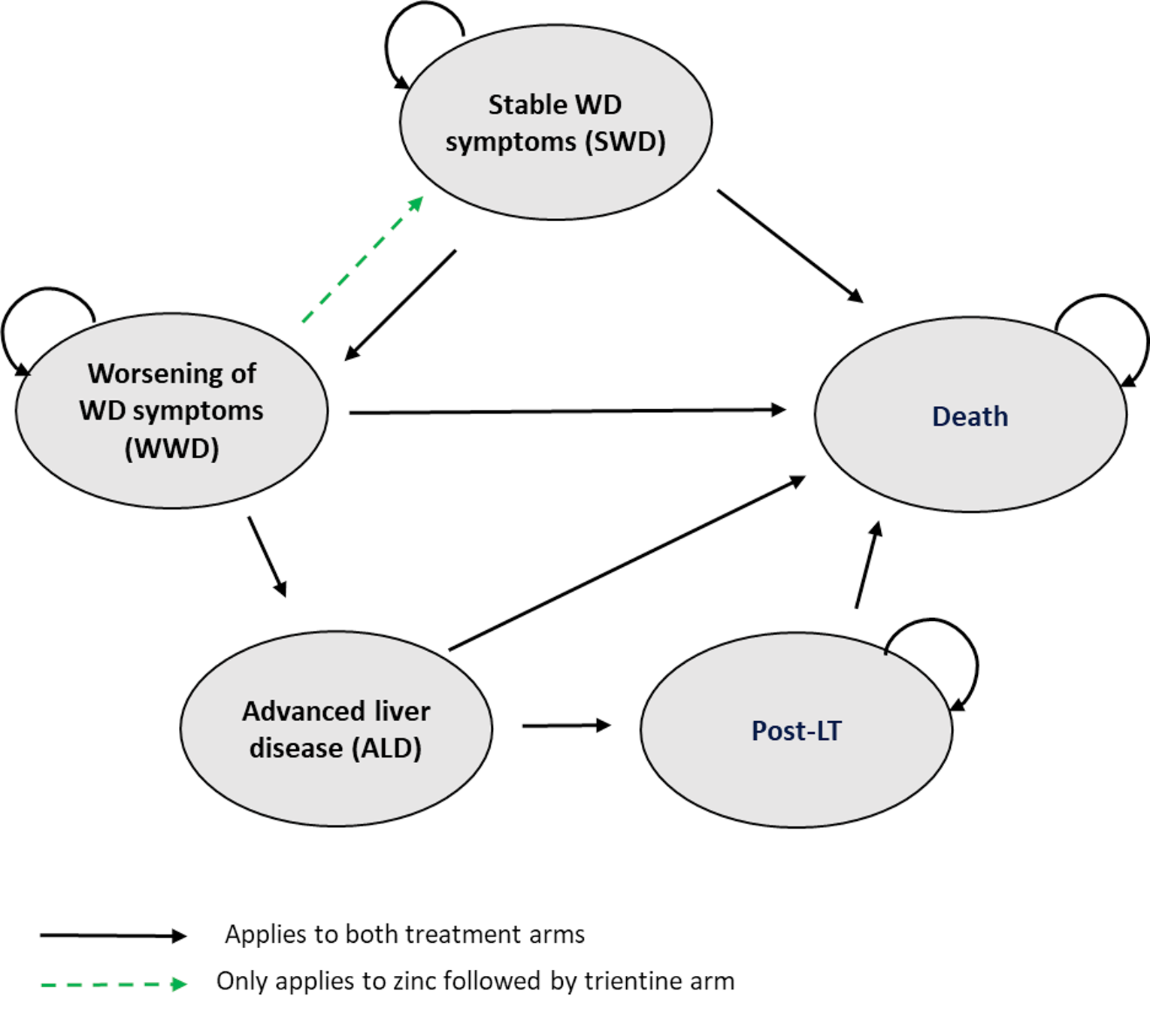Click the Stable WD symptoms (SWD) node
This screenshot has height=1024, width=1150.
(x=555, y=123)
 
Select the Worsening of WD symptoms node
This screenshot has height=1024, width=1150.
(x=171, y=411)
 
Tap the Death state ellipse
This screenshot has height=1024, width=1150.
(x=970, y=415)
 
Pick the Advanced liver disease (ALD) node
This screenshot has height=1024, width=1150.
(x=336, y=729)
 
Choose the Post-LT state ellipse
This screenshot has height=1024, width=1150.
(x=796, y=730)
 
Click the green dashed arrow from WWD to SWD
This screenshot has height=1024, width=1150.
(x=362, y=260)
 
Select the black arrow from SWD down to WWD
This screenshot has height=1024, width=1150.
(x=401, y=304)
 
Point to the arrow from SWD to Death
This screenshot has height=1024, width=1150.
(x=789, y=245)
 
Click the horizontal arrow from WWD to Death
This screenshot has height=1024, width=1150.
(x=567, y=411)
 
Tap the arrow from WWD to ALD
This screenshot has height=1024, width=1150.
(x=267, y=556)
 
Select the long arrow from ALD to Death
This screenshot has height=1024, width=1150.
(x=627, y=563)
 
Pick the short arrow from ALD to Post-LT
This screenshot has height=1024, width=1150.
(x=566, y=726)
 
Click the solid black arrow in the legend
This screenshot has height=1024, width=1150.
(x=113, y=935)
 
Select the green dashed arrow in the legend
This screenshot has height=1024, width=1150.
(x=113, y=983)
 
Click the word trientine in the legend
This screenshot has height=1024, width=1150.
(x=628, y=981)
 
